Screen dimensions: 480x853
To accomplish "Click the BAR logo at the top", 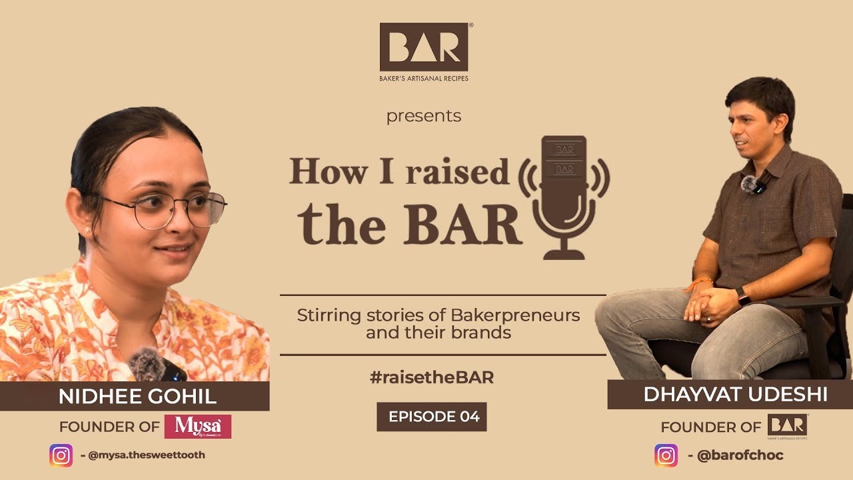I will (x=424, y=47).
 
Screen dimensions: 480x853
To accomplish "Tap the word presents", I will (x=424, y=116).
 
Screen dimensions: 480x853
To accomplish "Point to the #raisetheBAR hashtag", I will (x=431, y=377).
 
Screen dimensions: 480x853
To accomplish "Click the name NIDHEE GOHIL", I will (x=137, y=397).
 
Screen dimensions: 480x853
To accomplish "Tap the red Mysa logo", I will (x=198, y=426).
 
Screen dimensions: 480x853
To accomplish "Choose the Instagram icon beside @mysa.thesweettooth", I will (x=61, y=455).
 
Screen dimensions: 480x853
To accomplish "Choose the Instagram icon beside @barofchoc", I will (x=666, y=455).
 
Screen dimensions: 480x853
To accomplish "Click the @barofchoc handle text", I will (x=740, y=456).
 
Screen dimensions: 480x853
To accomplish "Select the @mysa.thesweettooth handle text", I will (x=147, y=455).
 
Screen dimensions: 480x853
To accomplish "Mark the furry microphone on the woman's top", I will (x=148, y=365).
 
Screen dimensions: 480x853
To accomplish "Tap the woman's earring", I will (x=87, y=230).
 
